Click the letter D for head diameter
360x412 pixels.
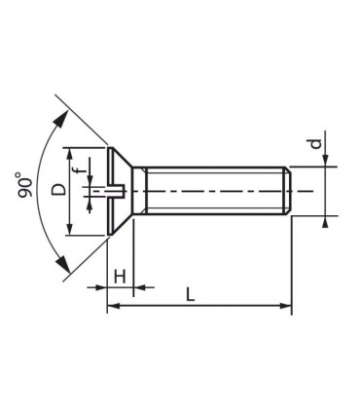click(x=58, y=190)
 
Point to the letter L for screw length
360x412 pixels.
click(x=191, y=294)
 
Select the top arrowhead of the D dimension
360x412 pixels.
click(x=70, y=153)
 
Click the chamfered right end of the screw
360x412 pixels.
click(x=289, y=191)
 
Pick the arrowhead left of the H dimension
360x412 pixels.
click(x=100, y=287)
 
